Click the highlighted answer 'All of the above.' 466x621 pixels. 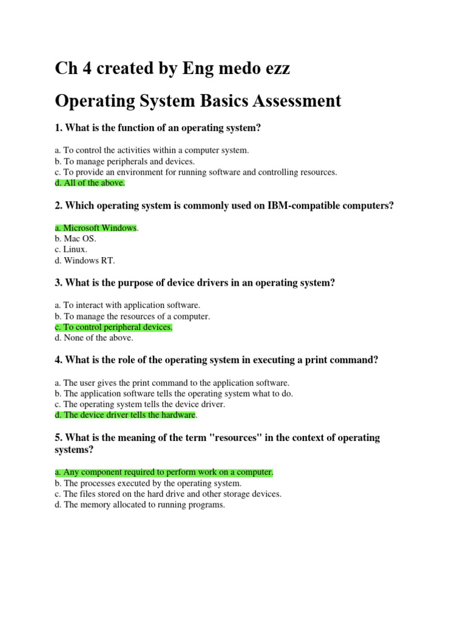[x=90, y=183]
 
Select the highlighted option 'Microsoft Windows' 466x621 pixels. [x=96, y=227]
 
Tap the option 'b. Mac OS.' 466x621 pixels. [x=75, y=238]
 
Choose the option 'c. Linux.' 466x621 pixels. [x=71, y=249]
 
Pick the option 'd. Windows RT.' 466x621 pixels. [x=84, y=260]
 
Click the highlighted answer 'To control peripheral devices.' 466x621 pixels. [x=113, y=327]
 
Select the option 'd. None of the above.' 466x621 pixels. [x=94, y=338]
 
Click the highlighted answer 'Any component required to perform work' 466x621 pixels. [x=164, y=472]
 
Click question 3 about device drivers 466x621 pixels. [x=195, y=283]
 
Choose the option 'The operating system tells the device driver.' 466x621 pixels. [x=140, y=404]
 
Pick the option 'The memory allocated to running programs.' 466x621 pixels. [x=140, y=505]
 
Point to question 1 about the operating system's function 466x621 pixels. [x=158, y=128]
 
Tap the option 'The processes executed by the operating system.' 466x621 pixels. [x=148, y=483]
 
